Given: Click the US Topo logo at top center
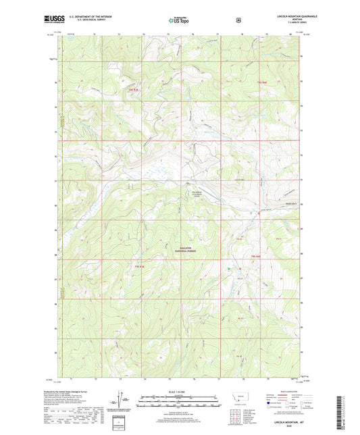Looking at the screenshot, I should (x=178, y=20).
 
